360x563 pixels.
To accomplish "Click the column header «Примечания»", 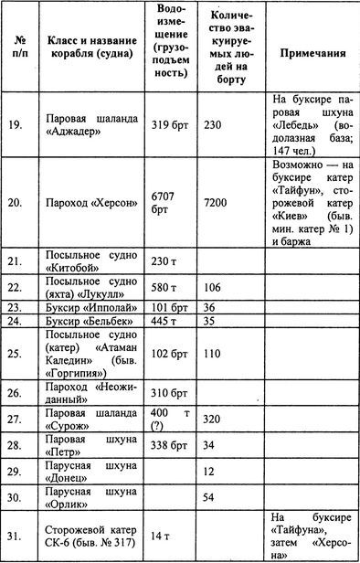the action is coord(312,53).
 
